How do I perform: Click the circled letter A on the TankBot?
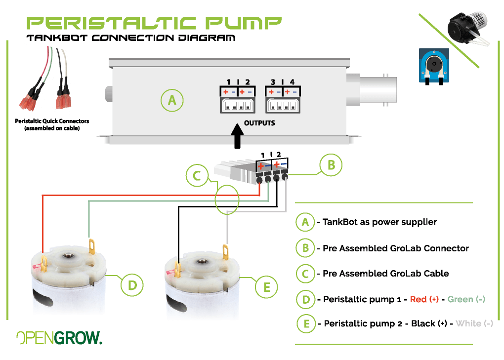click(x=172, y=100)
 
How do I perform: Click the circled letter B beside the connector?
click(x=331, y=165)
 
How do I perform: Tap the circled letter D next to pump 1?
click(x=132, y=285)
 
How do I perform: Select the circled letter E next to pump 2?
click(x=267, y=287)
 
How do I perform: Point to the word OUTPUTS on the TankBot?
click(x=259, y=123)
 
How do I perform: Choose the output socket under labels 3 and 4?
click(x=282, y=105)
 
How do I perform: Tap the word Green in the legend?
click(x=460, y=299)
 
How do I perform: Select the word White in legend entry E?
click(x=468, y=323)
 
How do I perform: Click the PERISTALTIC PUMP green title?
click(x=154, y=22)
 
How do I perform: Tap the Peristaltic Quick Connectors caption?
click(x=52, y=124)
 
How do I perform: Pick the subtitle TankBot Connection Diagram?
click(x=131, y=39)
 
